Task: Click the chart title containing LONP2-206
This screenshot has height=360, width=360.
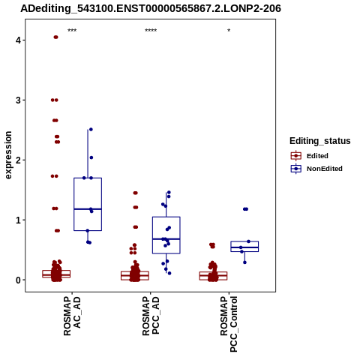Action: click(151, 8)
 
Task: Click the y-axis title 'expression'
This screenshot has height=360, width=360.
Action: click(8, 155)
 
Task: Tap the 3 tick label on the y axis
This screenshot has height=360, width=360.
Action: click(19, 100)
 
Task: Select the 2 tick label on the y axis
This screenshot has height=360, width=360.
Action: click(19, 160)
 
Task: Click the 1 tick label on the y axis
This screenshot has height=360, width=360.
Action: click(19, 220)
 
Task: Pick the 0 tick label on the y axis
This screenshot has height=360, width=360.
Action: click(19, 280)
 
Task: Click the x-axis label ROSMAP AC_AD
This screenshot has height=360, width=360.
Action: click(72, 316)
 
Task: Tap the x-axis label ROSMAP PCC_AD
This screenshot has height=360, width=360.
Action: click(151, 316)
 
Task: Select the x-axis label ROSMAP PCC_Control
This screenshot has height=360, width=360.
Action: click(229, 324)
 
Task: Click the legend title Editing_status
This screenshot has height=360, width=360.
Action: click(320, 141)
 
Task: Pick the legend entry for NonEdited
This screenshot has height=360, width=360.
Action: click(316, 169)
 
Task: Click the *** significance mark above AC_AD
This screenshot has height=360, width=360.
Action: click(72, 31)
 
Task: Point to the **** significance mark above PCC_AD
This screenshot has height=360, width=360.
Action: click(151, 31)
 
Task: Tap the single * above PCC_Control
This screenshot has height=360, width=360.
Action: click(229, 31)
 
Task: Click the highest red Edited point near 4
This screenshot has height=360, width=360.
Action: click(55, 37)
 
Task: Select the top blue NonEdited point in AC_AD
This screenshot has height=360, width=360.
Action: click(91, 129)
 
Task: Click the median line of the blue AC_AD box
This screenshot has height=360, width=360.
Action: click(88, 209)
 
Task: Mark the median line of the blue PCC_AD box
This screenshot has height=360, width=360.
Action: click(166, 239)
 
